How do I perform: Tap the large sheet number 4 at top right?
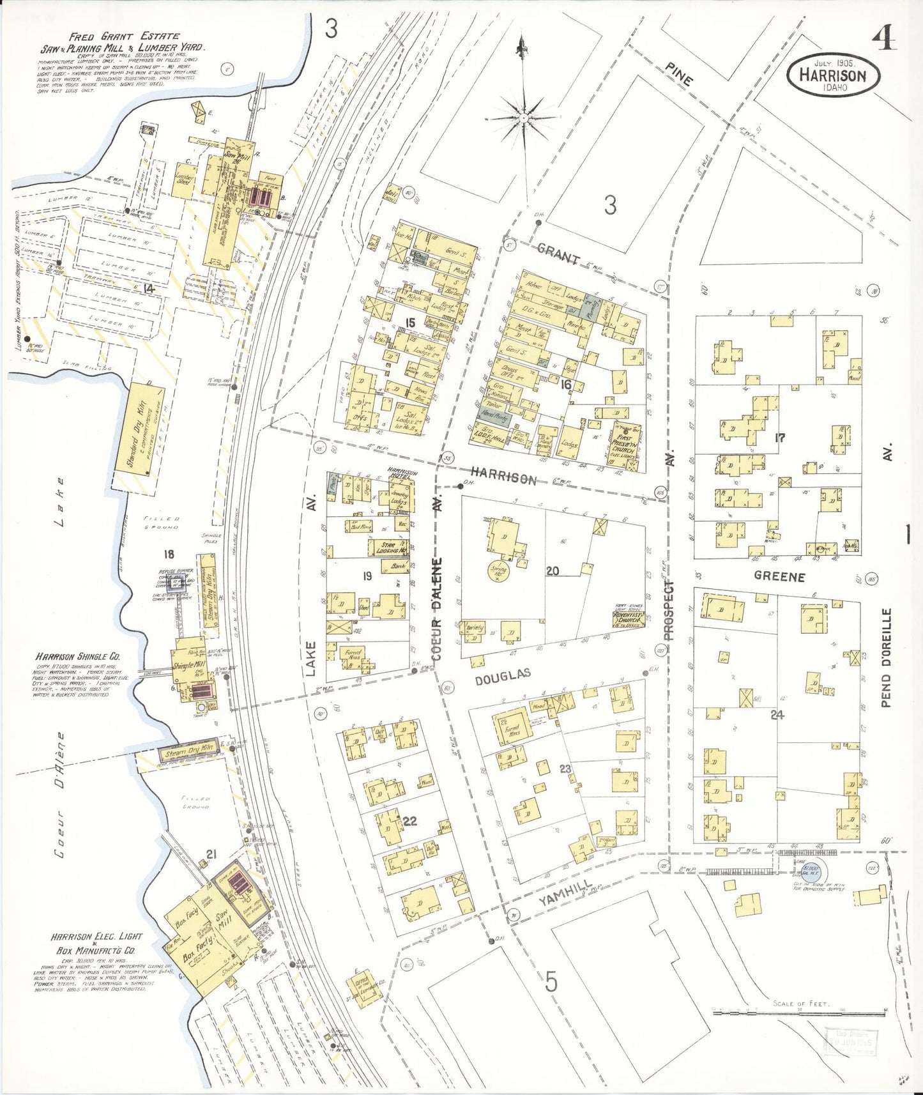click(x=883, y=40)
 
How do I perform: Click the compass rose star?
click(x=523, y=118)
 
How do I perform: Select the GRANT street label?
click(x=559, y=254)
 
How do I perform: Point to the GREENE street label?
click(x=779, y=576)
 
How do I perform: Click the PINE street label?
click(x=678, y=74)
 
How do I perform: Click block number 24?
click(x=777, y=715)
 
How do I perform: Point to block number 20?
click(x=553, y=570)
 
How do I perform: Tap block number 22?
click(x=409, y=821)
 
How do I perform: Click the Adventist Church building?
click(x=627, y=616)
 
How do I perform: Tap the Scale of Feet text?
click(x=800, y=1004)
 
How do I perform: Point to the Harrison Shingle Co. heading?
click(x=77, y=657)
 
